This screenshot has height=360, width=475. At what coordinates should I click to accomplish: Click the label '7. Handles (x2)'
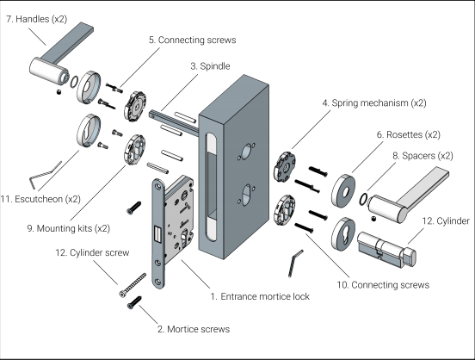tap(36, 19)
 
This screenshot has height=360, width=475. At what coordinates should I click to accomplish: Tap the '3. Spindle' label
tap(210, 66)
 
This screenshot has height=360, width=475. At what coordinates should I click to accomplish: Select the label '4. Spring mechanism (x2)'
tap(374, 103)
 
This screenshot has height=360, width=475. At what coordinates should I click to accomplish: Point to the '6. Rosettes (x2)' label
tap(409, 134)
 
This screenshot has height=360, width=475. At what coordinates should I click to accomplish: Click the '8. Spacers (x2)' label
tap(423, 156)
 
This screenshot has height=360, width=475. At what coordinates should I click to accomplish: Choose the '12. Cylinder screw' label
tap(92, 252)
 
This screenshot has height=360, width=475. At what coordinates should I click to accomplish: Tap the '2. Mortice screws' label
tap(194, 329)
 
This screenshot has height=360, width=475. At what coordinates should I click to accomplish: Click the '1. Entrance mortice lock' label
tap(260, 296)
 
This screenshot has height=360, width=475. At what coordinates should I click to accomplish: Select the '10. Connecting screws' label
tap(383, 285)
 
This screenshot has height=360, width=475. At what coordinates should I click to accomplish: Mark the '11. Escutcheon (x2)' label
tap(40, 199)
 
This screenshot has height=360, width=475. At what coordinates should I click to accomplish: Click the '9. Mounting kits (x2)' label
tap(69, 228)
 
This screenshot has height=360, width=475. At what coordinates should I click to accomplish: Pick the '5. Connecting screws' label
tap(193, 40)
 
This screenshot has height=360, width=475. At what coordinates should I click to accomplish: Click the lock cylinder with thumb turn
tap(386, 250)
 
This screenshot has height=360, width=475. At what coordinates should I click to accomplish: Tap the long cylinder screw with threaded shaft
tap(133, 285)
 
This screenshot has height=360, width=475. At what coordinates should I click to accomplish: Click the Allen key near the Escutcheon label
tap(45, 175)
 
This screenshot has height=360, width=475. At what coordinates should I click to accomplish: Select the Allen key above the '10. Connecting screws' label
tap(295, 264)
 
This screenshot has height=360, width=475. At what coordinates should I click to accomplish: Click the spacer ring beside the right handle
tap(363, 199)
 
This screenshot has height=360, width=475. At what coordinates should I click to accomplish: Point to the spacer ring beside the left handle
tap(74, 82)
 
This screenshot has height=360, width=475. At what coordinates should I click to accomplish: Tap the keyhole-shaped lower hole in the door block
tap(247, 195)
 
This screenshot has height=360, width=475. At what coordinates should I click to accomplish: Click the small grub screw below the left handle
tap(59, 91)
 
